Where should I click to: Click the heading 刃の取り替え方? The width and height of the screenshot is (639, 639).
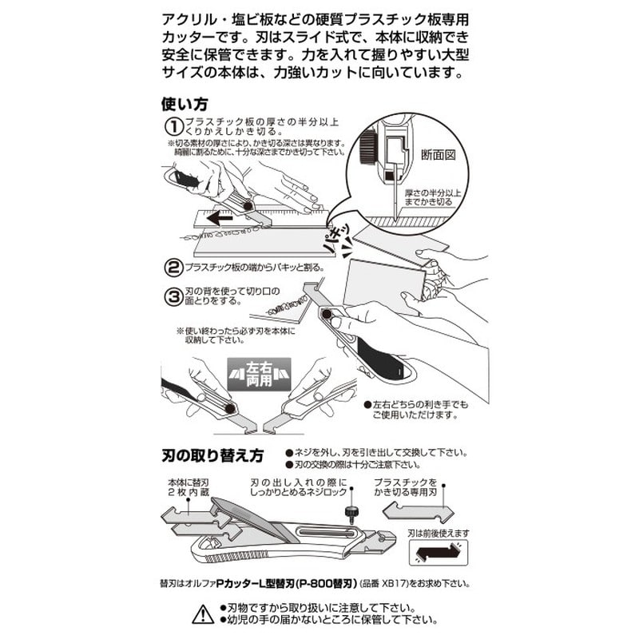pyautogui.click(x=210, y=456)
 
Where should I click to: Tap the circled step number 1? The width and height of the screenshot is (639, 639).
pyautogui.click(x=173, y=126)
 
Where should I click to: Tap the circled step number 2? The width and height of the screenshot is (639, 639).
pyautogui.click(x=173, y=268)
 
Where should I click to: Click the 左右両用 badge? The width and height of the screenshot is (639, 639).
pyautogui.click(x=259, y=375)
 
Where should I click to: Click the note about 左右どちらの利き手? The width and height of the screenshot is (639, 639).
pyautogui.click(x=415, y=411)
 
